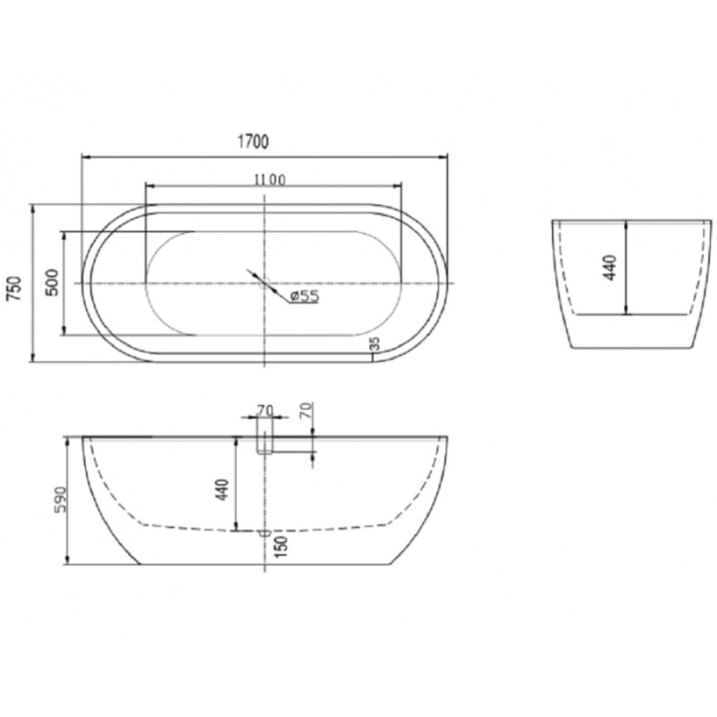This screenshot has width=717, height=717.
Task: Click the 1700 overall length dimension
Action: coord(253,142)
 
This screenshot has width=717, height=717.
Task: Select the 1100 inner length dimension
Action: coord(270,180)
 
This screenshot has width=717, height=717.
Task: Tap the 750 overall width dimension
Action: coord(14,289)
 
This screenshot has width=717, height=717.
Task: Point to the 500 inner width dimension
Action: coord(53,282)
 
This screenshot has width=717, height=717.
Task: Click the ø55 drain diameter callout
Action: coord(304,297)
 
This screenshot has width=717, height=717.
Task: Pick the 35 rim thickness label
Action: coord(375,343)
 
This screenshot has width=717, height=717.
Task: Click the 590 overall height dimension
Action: coord(60,500)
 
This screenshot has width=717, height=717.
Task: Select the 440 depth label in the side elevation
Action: coord(222,489)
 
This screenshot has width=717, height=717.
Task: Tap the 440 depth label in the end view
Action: coord(610,267)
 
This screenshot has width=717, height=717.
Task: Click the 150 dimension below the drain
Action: coord(281,546)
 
